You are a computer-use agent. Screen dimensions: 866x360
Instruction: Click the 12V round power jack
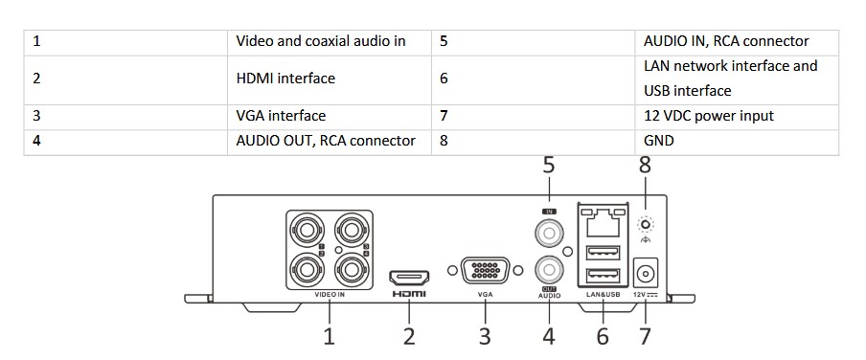point(645,273)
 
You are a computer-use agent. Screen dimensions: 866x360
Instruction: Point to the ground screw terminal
point(645,225)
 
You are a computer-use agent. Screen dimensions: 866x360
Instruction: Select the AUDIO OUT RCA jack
point(549,271)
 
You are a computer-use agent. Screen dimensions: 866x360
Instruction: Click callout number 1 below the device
point(330,336)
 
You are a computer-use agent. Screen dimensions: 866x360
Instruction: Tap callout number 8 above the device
point(645,165)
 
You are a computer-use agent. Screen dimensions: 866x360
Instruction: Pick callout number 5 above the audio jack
point(548,165)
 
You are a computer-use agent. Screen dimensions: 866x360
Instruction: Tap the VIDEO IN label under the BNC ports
point(330,295)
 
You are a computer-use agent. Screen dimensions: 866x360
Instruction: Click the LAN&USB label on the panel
point(603,295)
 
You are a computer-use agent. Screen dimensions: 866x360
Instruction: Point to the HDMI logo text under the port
point(409,294)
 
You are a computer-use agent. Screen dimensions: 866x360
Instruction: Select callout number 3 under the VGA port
point(485,336)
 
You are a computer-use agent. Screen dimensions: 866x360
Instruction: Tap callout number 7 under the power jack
point(645,336)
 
